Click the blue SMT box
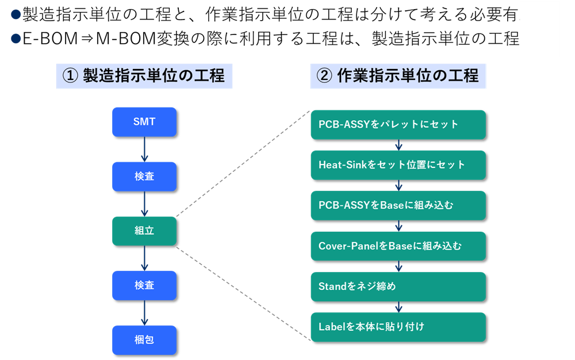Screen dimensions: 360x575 [x=144, y=122]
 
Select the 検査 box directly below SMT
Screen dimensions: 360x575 [x=144, y=177]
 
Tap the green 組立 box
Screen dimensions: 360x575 [x=144, y=231]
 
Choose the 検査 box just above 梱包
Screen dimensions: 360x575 [x=144, y=285]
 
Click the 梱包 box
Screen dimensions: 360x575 [x=144, y=340]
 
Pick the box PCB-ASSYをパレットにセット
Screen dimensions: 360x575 [x=398, y=124]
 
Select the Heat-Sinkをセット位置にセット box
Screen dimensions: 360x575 [x=398, y=165]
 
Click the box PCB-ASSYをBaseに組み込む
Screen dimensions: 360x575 [x=398, y=205]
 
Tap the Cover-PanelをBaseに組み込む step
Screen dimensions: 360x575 [x=398, y=246]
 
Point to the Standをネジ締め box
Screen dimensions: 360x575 [x=398, y=286]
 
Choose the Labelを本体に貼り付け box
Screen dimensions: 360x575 [x=398, y=327]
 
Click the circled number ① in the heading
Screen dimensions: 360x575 [x=70, y=76]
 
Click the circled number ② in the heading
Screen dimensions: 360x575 [x=324, y=76]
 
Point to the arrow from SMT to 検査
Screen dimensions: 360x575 [x=144, y=149]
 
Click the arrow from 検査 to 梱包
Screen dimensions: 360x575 [x=144, y=312]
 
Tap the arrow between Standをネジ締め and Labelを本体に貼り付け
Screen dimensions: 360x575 [x=398, y=307]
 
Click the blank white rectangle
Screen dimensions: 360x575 [x=539, y=29]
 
